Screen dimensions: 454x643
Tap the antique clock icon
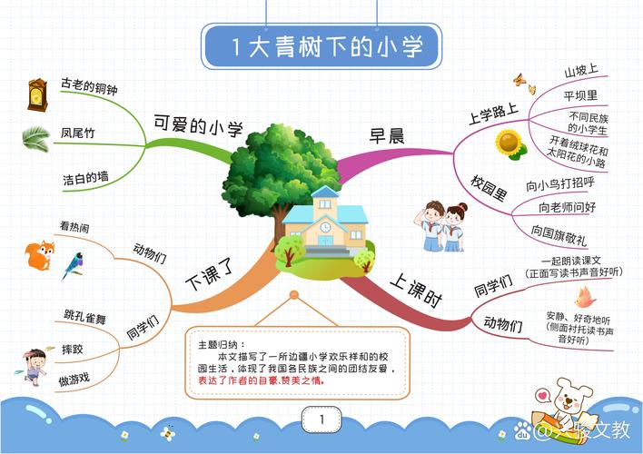tap(37, 94)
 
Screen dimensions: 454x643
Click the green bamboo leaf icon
tap(36, 137)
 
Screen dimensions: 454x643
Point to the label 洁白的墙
tap(85, 176)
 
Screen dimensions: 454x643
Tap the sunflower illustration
tap(509, 143)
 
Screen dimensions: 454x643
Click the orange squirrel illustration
tap(39, 255)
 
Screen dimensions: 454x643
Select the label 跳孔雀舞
tap(85, 318)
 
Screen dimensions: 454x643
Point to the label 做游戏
tap(74, 378)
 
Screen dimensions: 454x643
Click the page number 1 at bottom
tap(321, 419)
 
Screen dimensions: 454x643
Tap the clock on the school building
tap(324, 226)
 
